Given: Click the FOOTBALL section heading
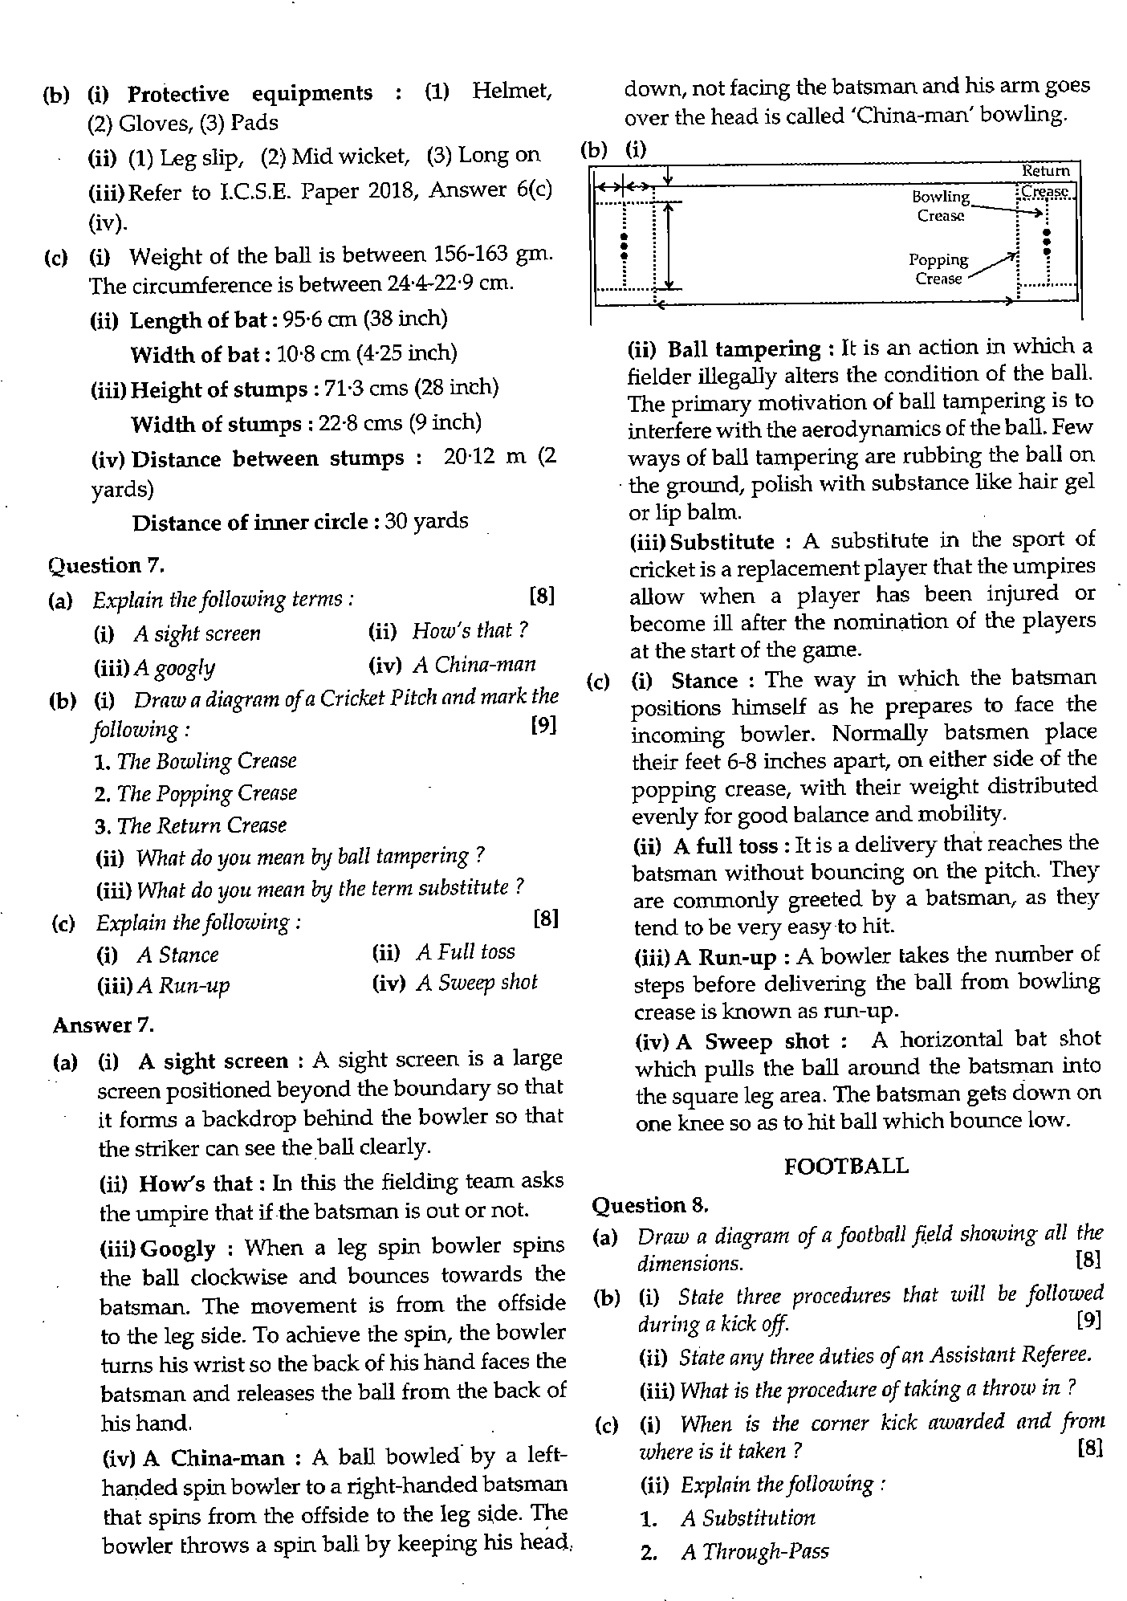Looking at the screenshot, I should tap(846, 1165).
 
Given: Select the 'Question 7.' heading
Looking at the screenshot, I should tap(106, 565).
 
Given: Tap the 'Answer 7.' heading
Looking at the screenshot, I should tap(103, 1025).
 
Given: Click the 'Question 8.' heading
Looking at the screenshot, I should tap(650, 1204).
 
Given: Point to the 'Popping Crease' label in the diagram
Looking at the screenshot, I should tap(938, 269).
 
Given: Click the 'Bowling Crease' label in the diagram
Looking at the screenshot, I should tap(940, 206).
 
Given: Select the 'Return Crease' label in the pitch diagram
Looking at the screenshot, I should tap(1045, 181).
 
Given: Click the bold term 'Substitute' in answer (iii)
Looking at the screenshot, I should tap(722, 541).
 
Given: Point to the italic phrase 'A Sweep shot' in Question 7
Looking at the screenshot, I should tap(476, 983).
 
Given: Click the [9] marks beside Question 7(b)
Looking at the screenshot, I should tap(543, 726).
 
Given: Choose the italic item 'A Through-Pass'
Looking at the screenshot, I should tap(754, 1551).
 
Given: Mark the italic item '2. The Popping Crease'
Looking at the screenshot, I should tap(196, 793).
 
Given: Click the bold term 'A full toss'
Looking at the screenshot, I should tap(726, 845).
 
